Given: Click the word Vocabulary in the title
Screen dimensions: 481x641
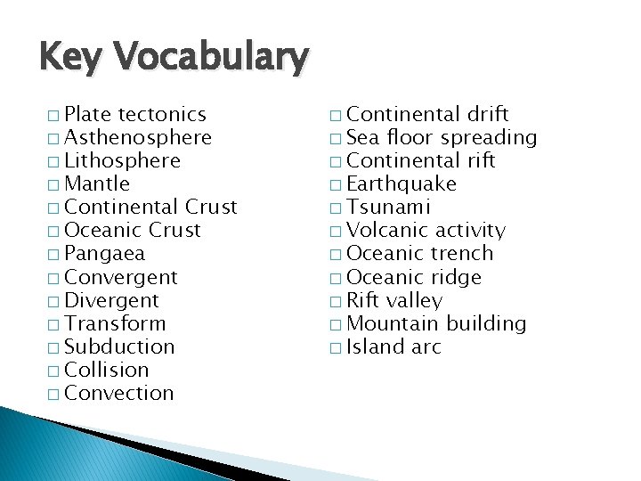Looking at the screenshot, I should (213, 59).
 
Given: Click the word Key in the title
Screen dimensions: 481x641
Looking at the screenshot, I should (74, 58).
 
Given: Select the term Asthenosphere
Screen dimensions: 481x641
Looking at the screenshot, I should (138, 138).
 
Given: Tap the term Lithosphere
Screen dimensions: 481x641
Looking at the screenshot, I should (123, 161).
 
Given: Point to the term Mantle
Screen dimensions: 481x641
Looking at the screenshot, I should (98, 184).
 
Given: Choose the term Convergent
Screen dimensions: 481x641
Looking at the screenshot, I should (121, 278).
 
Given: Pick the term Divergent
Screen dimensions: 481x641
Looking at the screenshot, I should (112, 301).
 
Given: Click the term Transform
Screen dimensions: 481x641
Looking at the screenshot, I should (116, 323).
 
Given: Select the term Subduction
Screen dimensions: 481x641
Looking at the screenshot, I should (120, 346).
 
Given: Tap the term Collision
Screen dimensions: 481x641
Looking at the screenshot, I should (108, 370).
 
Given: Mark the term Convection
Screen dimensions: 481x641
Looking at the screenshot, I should (120, 393).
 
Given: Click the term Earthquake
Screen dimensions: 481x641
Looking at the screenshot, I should (402, 184).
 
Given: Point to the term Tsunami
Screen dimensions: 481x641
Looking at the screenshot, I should (388, 208).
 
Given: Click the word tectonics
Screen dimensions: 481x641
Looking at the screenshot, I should (162, 115).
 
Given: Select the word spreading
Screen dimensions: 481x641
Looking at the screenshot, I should (489, 138).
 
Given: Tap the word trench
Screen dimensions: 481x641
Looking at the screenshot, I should (461, 254).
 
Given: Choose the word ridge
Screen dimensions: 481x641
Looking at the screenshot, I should (456, 278).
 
